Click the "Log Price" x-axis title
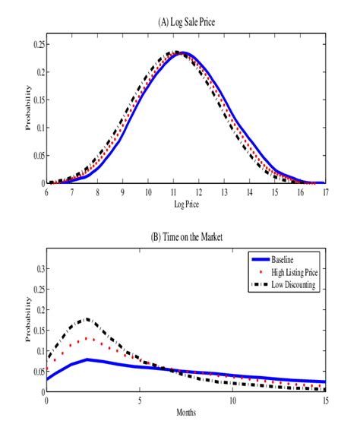click(186, 205)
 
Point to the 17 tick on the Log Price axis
click(325, 192)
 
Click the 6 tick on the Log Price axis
click(47, 192)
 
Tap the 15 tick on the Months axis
click(325, 402)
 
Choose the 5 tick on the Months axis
click(140, 402)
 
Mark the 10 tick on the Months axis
click(232, 402)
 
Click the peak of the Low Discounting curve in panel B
click(87, 319)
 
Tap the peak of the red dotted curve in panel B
click(88, 338)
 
